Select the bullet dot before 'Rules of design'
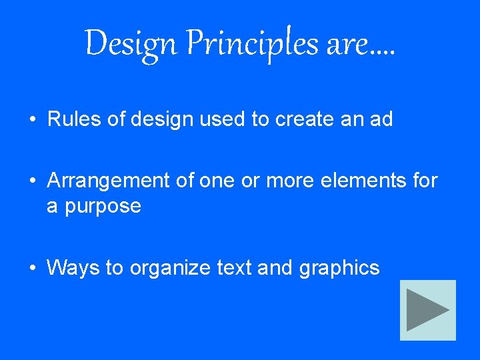click(x=33, y=120)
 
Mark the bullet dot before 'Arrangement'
click(x=33, y=181)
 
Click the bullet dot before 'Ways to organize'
click(x=33, y=269)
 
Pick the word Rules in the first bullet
click(x=69, y=119)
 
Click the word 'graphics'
click(x=339, y=269)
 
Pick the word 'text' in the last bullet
click(x=233, y=268)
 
